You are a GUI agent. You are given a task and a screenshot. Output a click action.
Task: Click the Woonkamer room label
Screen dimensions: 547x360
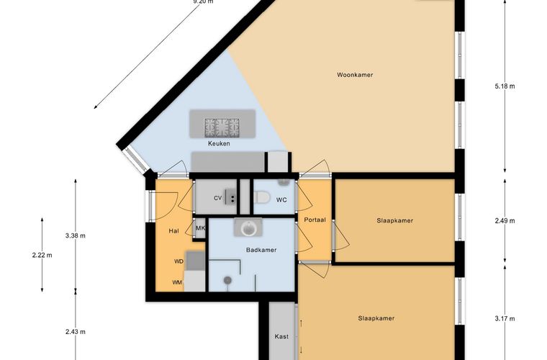[x=355, y=75]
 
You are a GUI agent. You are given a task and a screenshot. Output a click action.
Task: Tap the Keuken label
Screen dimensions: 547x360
[x=219, y=143]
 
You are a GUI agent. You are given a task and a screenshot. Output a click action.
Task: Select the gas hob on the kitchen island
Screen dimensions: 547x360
[x=222, y=127]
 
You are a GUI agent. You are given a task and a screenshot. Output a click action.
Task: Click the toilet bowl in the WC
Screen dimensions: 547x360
[x=262, y=197]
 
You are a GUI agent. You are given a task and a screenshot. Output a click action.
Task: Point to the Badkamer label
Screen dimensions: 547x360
[x=261, y=250]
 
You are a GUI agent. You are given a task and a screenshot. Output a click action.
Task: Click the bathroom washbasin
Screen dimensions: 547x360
[x=248, y=228]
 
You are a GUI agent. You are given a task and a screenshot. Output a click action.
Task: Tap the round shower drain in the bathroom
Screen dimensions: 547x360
[x=228, y=280]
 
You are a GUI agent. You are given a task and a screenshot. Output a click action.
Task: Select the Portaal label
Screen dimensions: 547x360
[x=315, y=220]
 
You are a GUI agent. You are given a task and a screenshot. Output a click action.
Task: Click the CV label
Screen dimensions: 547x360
[x=217, y=198]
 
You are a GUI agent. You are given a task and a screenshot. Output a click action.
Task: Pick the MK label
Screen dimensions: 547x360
[x=200, y=228]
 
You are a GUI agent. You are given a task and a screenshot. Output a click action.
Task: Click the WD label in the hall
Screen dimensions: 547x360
[x=179, y=261]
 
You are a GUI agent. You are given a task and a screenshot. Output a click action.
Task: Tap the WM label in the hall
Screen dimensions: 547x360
[x=177, y=282]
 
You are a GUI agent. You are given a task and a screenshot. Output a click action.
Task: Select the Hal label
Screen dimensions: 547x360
[x=173, y=231]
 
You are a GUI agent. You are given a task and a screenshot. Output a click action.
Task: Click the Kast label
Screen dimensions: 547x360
[x=281, y=337]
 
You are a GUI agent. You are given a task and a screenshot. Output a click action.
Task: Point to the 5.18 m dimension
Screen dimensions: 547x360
[x=505, y=86]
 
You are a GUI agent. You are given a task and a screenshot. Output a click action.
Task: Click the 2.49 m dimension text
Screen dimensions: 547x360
[x=505, y=221]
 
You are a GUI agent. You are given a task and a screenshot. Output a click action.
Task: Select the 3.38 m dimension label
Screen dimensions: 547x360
[x=76, y=236]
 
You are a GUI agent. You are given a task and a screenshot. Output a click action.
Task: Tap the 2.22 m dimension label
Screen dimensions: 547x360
[x=42, y=256]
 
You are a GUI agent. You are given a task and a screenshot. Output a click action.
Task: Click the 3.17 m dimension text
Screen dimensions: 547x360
[x=505, y=318]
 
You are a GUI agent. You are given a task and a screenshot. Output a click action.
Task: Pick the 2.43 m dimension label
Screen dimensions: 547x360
[x=76, y=332]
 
